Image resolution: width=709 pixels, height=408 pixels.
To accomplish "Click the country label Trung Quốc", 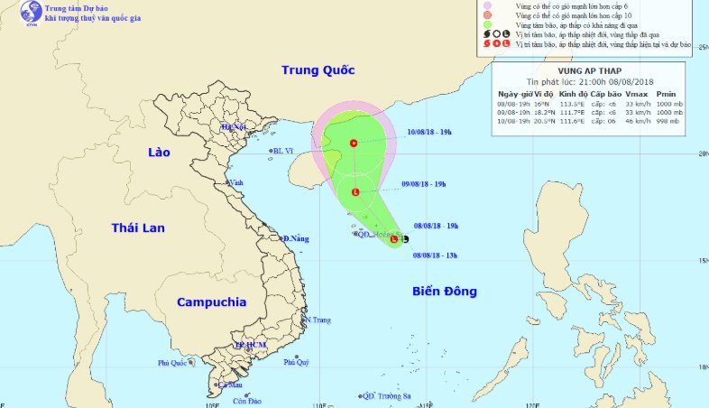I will point(318,70).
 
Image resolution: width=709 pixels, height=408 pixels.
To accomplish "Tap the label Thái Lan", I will point(138,227).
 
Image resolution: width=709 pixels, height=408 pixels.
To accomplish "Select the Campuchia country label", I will point(211,302).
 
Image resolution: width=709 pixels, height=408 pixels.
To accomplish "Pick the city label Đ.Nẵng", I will point(297,238).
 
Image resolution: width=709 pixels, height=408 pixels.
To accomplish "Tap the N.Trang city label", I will point(318,320).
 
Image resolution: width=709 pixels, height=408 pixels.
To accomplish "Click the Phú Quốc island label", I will point(171,363).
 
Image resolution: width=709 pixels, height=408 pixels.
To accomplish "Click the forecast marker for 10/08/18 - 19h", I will point(353,143).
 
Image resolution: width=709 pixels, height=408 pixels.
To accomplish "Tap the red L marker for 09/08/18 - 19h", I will point(355,191).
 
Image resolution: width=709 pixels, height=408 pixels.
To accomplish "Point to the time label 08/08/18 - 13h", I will point(436,255).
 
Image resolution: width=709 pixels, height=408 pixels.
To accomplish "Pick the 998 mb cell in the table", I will point(666,121).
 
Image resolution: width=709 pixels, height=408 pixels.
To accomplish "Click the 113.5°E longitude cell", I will point(574,103).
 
